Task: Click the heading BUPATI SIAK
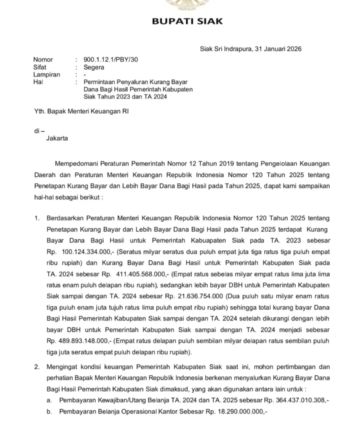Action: (187, 21)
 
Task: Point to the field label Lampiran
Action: (46, 74)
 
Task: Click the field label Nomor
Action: (43, 59)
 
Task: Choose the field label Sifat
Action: (40, 67)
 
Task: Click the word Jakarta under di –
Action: (56, 138)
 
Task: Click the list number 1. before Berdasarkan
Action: (36, 218)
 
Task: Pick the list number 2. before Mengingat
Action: (36, 366)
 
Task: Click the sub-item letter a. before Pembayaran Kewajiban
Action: (49, 401)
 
